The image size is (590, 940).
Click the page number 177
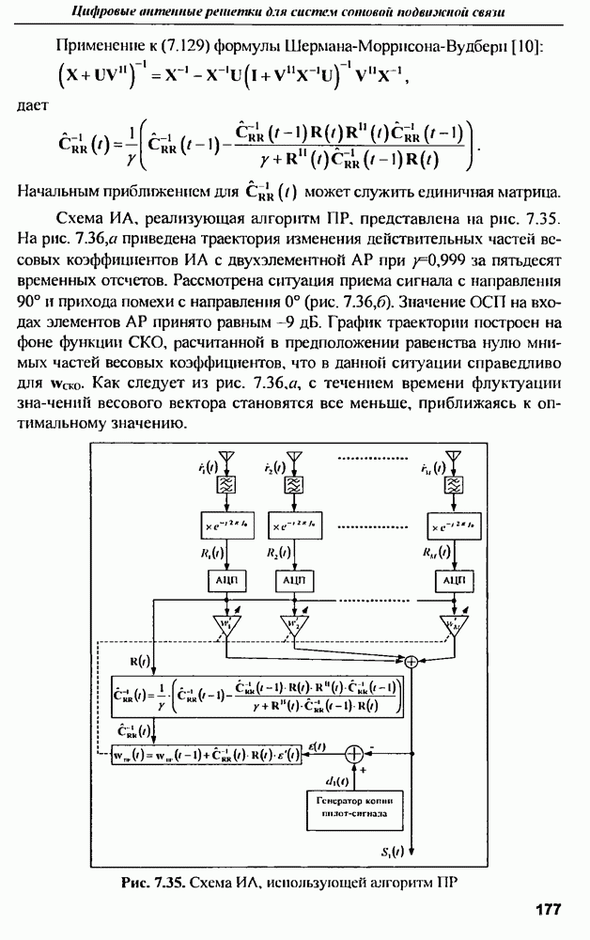click(x=547, y=909)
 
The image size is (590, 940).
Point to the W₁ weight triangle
click(x=225, y=624)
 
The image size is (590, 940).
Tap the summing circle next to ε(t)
click(x=353, y=753)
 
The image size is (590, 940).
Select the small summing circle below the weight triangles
click(x=410, y=663)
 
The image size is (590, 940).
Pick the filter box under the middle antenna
click(x=294, y=485)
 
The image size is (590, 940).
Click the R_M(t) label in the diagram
click(x=435, y=552)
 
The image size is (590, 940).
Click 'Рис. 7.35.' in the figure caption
click(x=154, y=883)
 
